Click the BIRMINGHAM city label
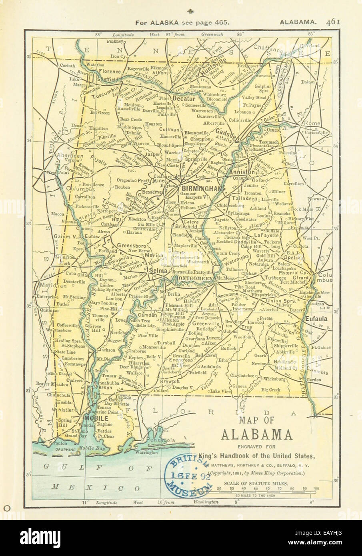click(x=202, y=188)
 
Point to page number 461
click(x=333, y=22)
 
